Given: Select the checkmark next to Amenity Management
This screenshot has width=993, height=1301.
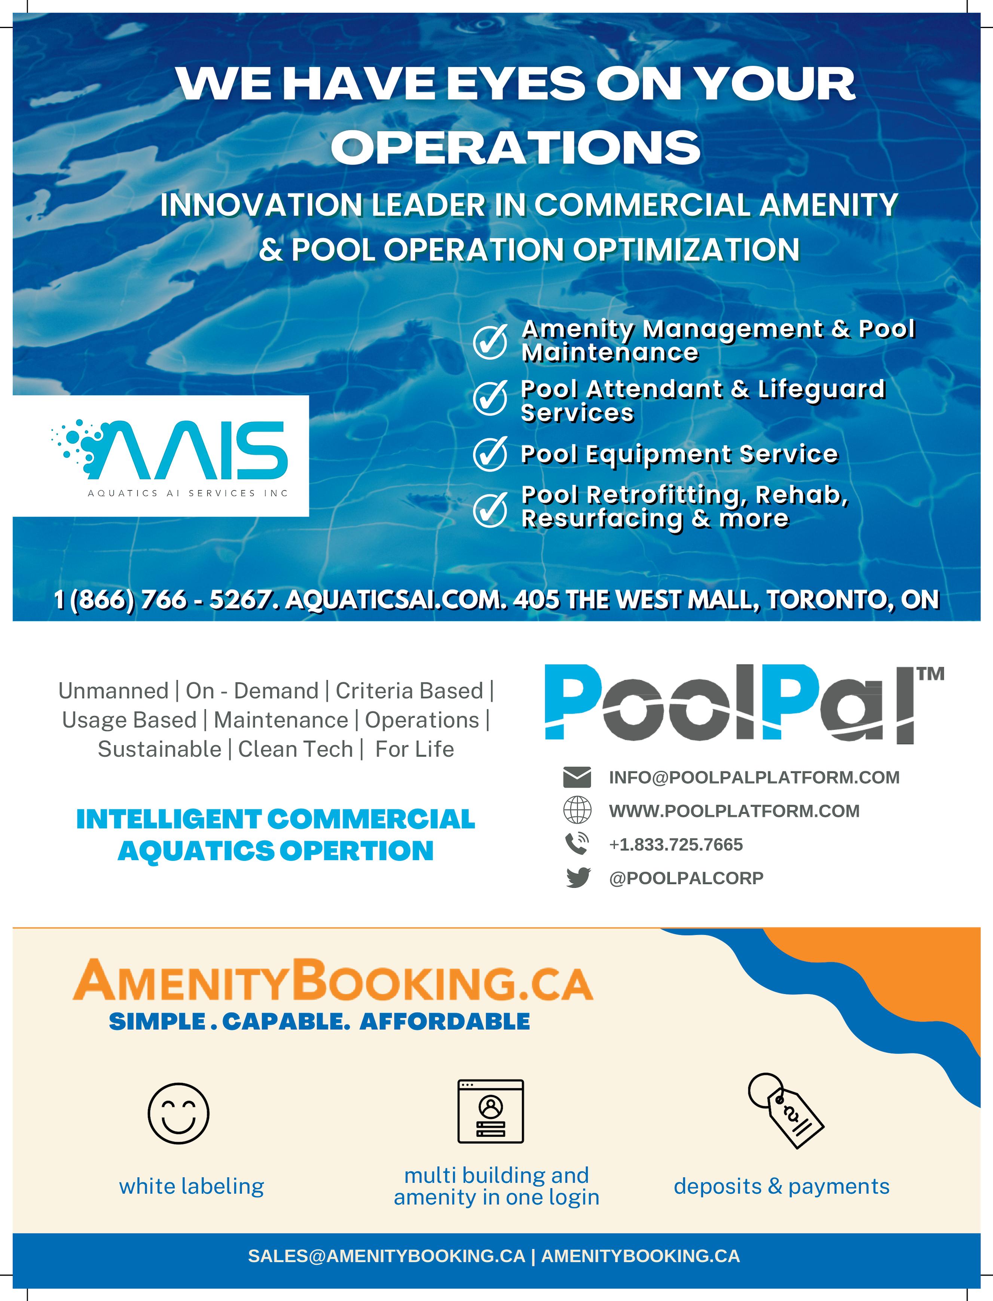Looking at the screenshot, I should (x=490, y=341).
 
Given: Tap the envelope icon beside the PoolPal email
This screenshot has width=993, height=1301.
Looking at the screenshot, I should (x=577, y=777).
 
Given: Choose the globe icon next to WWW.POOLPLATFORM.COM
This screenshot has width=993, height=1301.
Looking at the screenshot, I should (x=577, y=810).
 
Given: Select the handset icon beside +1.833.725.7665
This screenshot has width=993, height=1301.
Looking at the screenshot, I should (x=577, y=844).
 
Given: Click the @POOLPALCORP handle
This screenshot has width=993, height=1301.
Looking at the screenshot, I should (x=686, y=878).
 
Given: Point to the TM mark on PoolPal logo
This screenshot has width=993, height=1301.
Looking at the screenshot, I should (x=930, y=673).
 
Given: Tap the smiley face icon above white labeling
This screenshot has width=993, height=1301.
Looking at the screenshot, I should (x=178, y=1113).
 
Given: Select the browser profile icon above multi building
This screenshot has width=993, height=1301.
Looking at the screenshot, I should (x=491, y=1111).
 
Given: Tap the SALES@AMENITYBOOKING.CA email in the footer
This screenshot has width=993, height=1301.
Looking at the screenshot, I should (x=386, y=1256).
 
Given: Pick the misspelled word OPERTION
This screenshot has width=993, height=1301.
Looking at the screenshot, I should (x=357, y=851).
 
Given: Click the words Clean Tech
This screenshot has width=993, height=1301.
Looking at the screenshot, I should (x=295, y=749).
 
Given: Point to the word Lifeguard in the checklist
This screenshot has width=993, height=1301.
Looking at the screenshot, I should (x=822, y=389).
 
